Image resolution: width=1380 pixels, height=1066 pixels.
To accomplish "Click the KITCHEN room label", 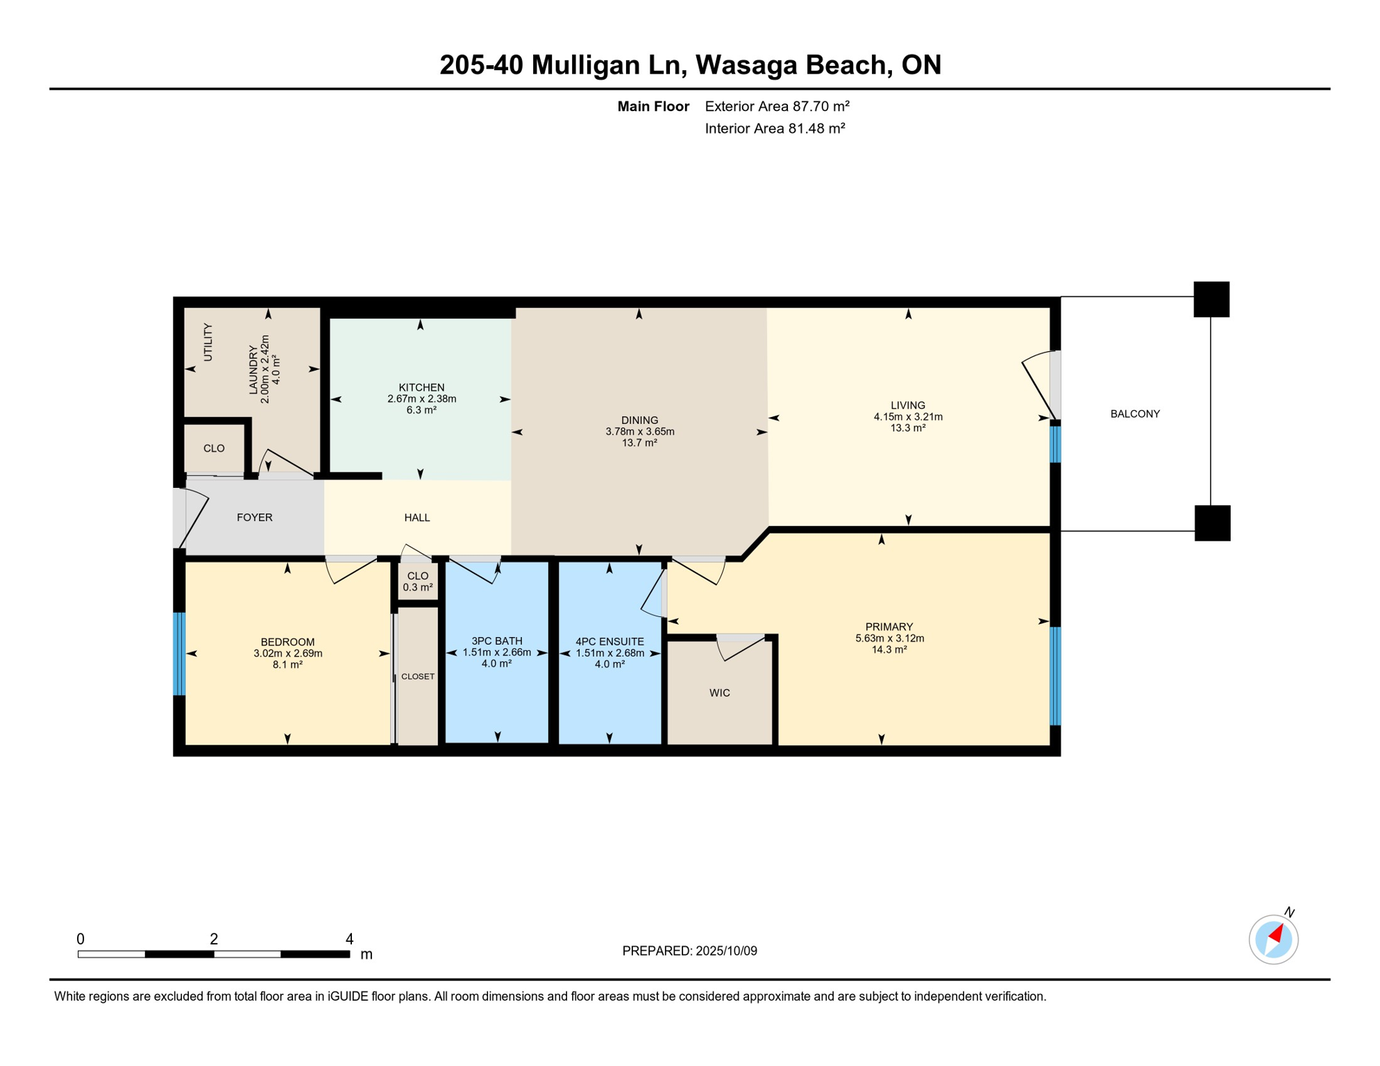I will point(421,387).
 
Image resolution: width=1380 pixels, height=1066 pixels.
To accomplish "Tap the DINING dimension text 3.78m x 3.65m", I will point(639,432).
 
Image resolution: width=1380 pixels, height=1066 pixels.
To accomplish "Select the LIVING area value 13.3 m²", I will point(908,428).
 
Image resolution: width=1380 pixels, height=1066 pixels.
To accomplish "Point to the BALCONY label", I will point(1135,414).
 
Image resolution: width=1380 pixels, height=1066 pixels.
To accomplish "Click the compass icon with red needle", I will point(1273,940).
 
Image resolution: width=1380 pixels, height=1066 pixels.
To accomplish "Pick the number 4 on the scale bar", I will point(349,939).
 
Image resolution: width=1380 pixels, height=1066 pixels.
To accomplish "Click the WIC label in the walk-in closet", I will point(720,693).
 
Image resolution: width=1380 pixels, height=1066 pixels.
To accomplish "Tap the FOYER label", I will point(255,518).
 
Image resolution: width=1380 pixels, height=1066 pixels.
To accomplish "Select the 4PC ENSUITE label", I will point(609,642).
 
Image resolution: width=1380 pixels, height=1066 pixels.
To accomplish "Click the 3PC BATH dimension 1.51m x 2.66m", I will point(497,652).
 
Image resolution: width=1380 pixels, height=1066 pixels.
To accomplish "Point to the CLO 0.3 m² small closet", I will point(418,582).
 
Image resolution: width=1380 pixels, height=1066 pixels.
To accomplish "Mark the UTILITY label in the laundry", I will point(208,342).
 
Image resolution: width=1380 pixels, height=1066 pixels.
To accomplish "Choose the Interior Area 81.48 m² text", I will point(775,128).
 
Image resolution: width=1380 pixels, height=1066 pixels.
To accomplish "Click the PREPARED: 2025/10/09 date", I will point(689,951).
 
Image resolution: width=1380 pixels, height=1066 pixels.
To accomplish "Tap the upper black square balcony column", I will point(1211,300).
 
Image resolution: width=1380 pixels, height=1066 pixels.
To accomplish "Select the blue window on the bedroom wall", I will point(179,654).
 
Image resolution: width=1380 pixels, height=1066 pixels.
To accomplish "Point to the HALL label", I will point(417,518).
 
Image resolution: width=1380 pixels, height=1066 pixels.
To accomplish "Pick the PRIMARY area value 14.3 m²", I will point(889,650).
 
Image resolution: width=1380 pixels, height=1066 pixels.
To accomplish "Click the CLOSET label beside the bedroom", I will point(418,677).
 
